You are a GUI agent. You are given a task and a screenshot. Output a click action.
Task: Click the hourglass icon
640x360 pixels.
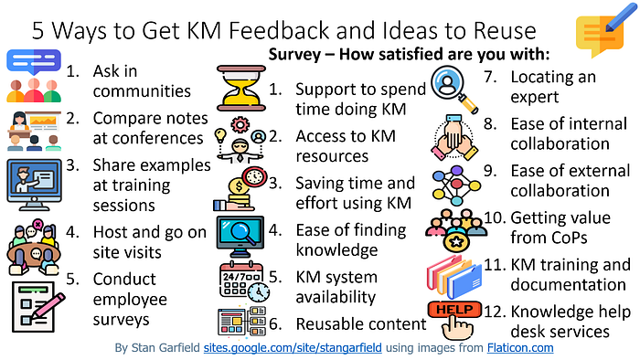click(241, 89)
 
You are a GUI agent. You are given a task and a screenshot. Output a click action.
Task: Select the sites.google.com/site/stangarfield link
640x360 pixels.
click(293, 348)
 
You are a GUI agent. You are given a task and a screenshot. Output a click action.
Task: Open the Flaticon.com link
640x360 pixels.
click(520, 348)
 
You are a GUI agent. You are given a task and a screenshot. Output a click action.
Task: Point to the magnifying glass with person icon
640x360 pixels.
click(454, 90)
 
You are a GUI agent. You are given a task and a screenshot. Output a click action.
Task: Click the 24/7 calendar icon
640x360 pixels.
click(244, 281)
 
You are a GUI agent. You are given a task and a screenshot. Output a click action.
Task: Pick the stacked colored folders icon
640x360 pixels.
click(454, 277)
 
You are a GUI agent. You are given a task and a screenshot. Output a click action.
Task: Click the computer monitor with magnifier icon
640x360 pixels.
click(240, 237)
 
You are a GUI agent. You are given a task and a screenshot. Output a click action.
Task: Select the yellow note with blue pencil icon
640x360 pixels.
click(605, 31)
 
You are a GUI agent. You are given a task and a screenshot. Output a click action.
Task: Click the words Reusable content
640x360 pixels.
click(361, 324)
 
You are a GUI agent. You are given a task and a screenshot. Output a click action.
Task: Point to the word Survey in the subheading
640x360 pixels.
click(294, 54)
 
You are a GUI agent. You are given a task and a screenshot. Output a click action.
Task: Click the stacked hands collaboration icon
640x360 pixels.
click(454, 138)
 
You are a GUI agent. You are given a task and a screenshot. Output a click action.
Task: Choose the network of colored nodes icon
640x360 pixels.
click(456, 185)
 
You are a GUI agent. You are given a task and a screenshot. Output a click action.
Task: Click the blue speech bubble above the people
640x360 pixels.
click(34, 61)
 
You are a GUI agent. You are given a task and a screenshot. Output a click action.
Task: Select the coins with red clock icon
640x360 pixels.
click(240, 189)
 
